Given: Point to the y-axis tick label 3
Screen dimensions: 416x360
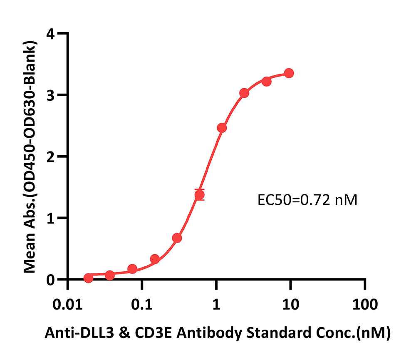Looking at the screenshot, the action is (50, 95).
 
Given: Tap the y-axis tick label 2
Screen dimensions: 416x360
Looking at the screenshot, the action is (50, 156).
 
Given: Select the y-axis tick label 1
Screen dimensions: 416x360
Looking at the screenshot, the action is (50, 218).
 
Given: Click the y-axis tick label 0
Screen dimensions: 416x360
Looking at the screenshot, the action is (50, 280).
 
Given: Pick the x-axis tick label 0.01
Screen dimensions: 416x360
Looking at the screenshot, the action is (68, 304).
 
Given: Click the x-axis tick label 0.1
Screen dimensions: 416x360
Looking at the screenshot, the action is (142, 304).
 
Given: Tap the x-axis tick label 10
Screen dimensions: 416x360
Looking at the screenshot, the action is (291, 304).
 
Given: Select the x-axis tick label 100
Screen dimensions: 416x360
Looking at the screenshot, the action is (365, 304).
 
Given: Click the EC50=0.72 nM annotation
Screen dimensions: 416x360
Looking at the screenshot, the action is (307, 200).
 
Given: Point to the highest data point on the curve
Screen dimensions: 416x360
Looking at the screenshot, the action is (289, 73).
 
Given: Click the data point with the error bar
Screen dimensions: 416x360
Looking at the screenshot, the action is (199, 195).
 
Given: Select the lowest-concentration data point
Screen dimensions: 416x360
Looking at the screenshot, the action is (88, 278).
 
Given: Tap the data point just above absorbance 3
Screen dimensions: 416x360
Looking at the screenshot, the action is (244, 93).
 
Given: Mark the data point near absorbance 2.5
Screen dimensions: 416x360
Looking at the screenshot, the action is (222, 128).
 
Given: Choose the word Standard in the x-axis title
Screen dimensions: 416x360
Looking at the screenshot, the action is (279, 333).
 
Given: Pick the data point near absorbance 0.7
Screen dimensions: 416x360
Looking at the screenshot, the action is (177, 238).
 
